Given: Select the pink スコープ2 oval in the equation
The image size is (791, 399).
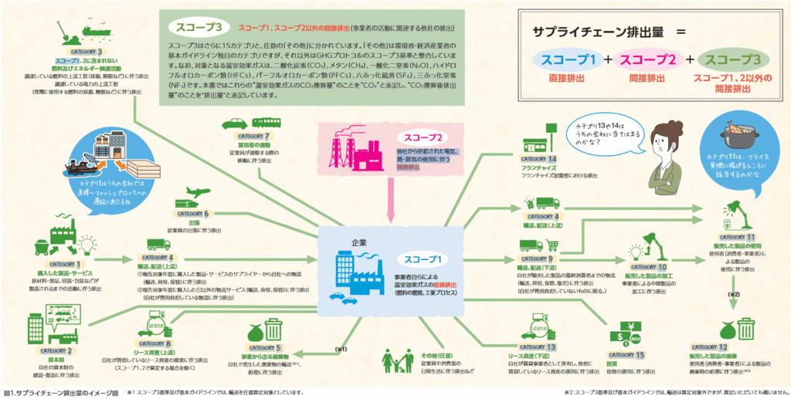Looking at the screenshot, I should (644, 59).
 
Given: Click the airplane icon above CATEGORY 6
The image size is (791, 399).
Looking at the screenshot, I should (199, 193).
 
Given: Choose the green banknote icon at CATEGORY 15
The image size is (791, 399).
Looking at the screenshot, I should (622, 336).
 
